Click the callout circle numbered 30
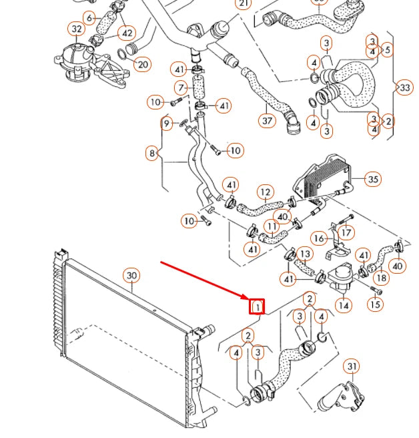pos(131,276)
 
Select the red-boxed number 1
pos(258,306)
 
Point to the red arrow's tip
pos(247,298)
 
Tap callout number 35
pos(374,179)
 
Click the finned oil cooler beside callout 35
pos(324,178)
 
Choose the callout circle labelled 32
pos(77,29)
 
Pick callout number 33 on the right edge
pos(404,87)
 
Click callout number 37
pos(266,120)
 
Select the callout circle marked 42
pos(125,32)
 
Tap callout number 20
pos(141,64)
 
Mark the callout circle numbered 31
pos(352,367)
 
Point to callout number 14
pos(343,306)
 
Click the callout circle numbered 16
pos(319,238)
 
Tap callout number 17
pos(346,233)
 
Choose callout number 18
pos(380,278)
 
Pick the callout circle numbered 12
pos(266,194)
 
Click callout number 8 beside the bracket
pos(153,154)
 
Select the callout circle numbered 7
pos(180,87)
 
